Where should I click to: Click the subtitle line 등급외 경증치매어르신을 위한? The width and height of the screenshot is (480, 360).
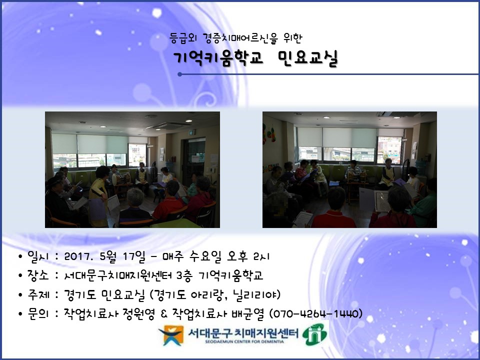(235, 38)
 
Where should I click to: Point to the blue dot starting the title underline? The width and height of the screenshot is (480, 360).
(179, 74)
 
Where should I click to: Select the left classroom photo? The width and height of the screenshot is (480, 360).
(132, 169)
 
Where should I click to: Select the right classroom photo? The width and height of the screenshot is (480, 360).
(349, 169)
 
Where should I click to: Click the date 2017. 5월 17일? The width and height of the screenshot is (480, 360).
(104, 256)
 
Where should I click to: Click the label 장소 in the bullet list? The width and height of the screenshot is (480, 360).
(38, 275)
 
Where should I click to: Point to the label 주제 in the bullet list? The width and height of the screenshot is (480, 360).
(38, 294)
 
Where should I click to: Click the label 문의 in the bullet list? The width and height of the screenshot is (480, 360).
(38, 314)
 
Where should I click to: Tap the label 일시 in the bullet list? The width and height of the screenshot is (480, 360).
(38, 256)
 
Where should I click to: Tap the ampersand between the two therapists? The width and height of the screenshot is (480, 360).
(163, 314)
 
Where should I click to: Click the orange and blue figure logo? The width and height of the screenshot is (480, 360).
(171, 335)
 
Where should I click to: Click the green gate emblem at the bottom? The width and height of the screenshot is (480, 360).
(314, 334)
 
